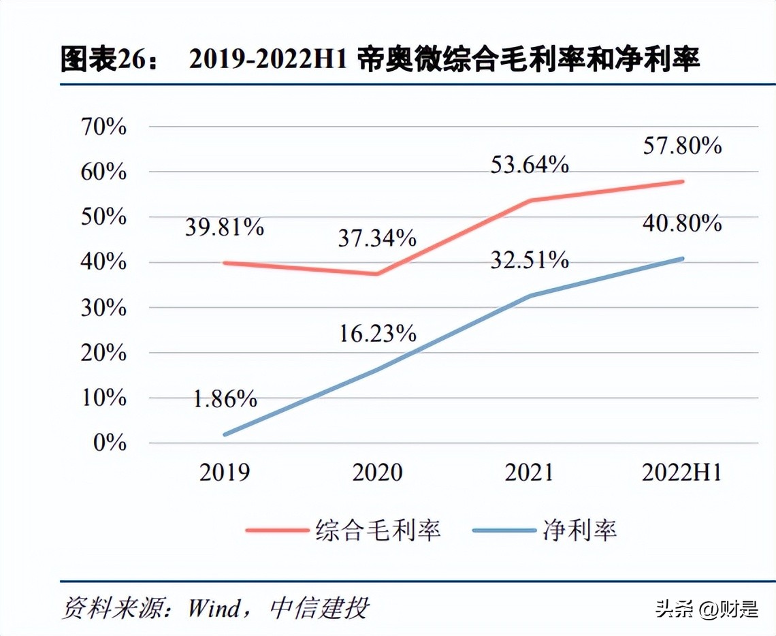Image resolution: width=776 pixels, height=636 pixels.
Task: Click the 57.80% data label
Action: pyautogui.click(x=681, y=145)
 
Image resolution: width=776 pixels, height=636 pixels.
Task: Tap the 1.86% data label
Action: pyautogui.click(x=224, y=398)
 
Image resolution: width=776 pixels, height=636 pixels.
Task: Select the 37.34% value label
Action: pyautogui.click(x=377, y=238)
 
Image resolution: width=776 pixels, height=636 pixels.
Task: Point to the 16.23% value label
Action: pyautogui.click(x=377, y=333)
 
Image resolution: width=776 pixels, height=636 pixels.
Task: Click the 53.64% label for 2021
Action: pyautogui.click(x=529, y=164)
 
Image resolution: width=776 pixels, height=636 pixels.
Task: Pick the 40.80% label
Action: pyautogui.click(x=681, y=223)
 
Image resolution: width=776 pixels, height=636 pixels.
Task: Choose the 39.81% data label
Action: pyautogui.click(x=224, y=227)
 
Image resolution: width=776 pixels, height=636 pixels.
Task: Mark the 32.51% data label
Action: pyautogui.click(x=529, y=259)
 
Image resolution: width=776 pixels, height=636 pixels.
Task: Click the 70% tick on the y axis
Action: pyautogui.click(x=104, y=127)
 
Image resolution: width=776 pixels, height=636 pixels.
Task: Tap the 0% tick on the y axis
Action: pyautogui.click(x=111, y=443)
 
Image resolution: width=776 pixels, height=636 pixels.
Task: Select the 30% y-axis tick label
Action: pyautogui.click(x=104, y=308)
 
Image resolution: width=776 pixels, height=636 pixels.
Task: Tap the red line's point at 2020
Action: pyautogui.click(x=377, y=274)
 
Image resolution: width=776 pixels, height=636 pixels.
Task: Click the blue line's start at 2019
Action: pyautogui.click(x=225, y=434)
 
